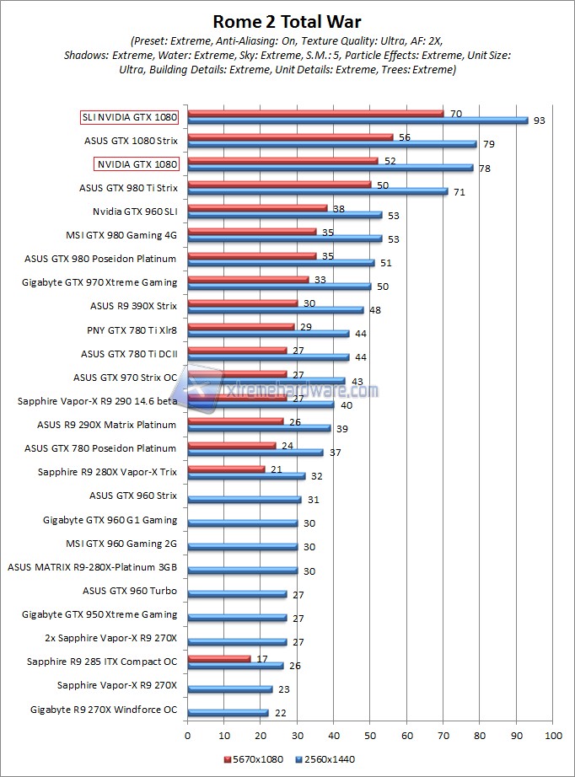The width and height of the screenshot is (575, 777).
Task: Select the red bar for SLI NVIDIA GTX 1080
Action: tap(315, 113)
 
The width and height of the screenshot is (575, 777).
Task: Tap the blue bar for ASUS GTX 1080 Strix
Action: tap(332, 144)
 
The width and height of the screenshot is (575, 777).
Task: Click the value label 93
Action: tap(539, 121)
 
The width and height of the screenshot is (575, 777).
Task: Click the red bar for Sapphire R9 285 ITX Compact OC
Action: tap(219, 658)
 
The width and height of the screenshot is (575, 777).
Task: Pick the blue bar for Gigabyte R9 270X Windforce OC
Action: tap(228, 713)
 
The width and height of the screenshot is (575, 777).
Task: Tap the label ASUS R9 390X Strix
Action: tap(133, 306)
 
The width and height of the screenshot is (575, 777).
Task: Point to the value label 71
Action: tap(459, 192)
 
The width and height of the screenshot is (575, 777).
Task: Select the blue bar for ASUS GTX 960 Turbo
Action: tap(237, 594)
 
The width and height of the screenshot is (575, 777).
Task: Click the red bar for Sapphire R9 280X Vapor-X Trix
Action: tap(226, 469)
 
